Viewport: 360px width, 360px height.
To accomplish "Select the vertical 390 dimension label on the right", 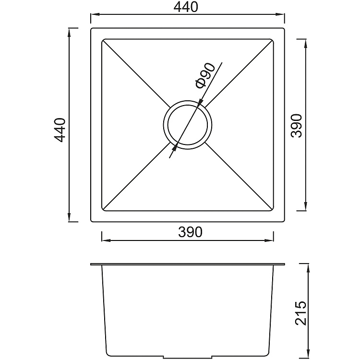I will coord(297,126).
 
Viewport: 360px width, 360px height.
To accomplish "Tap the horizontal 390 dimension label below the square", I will coord(190,232).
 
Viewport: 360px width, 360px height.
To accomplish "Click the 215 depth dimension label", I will coord(299,313).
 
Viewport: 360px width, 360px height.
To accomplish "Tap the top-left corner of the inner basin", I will coord(102,40).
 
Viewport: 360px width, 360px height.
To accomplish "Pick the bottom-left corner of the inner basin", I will coord(102,211).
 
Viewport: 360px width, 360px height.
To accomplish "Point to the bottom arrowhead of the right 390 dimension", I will coord(306,207).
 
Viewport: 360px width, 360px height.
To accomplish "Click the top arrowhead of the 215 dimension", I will coord(307,267).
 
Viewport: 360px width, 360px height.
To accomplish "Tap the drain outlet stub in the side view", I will coord(188,357).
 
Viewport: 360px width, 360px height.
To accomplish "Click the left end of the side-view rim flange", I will coord(91,264).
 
